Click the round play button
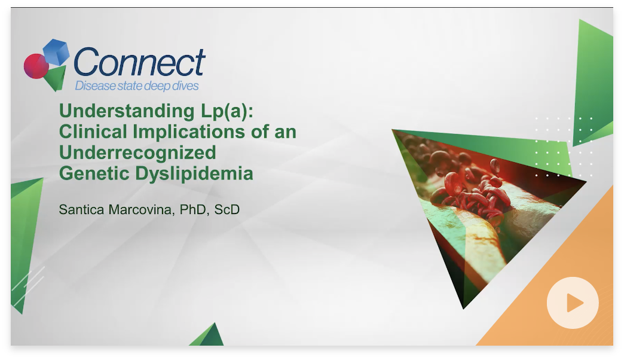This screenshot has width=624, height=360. coord(573,303)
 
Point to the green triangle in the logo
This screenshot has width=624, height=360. coord(55,78)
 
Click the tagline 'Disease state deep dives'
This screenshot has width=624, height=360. coord(137,86)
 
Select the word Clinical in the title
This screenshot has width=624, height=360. coord(93,132)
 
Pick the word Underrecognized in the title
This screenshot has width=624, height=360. coord(137,152)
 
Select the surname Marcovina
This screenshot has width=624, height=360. coord(144,210)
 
